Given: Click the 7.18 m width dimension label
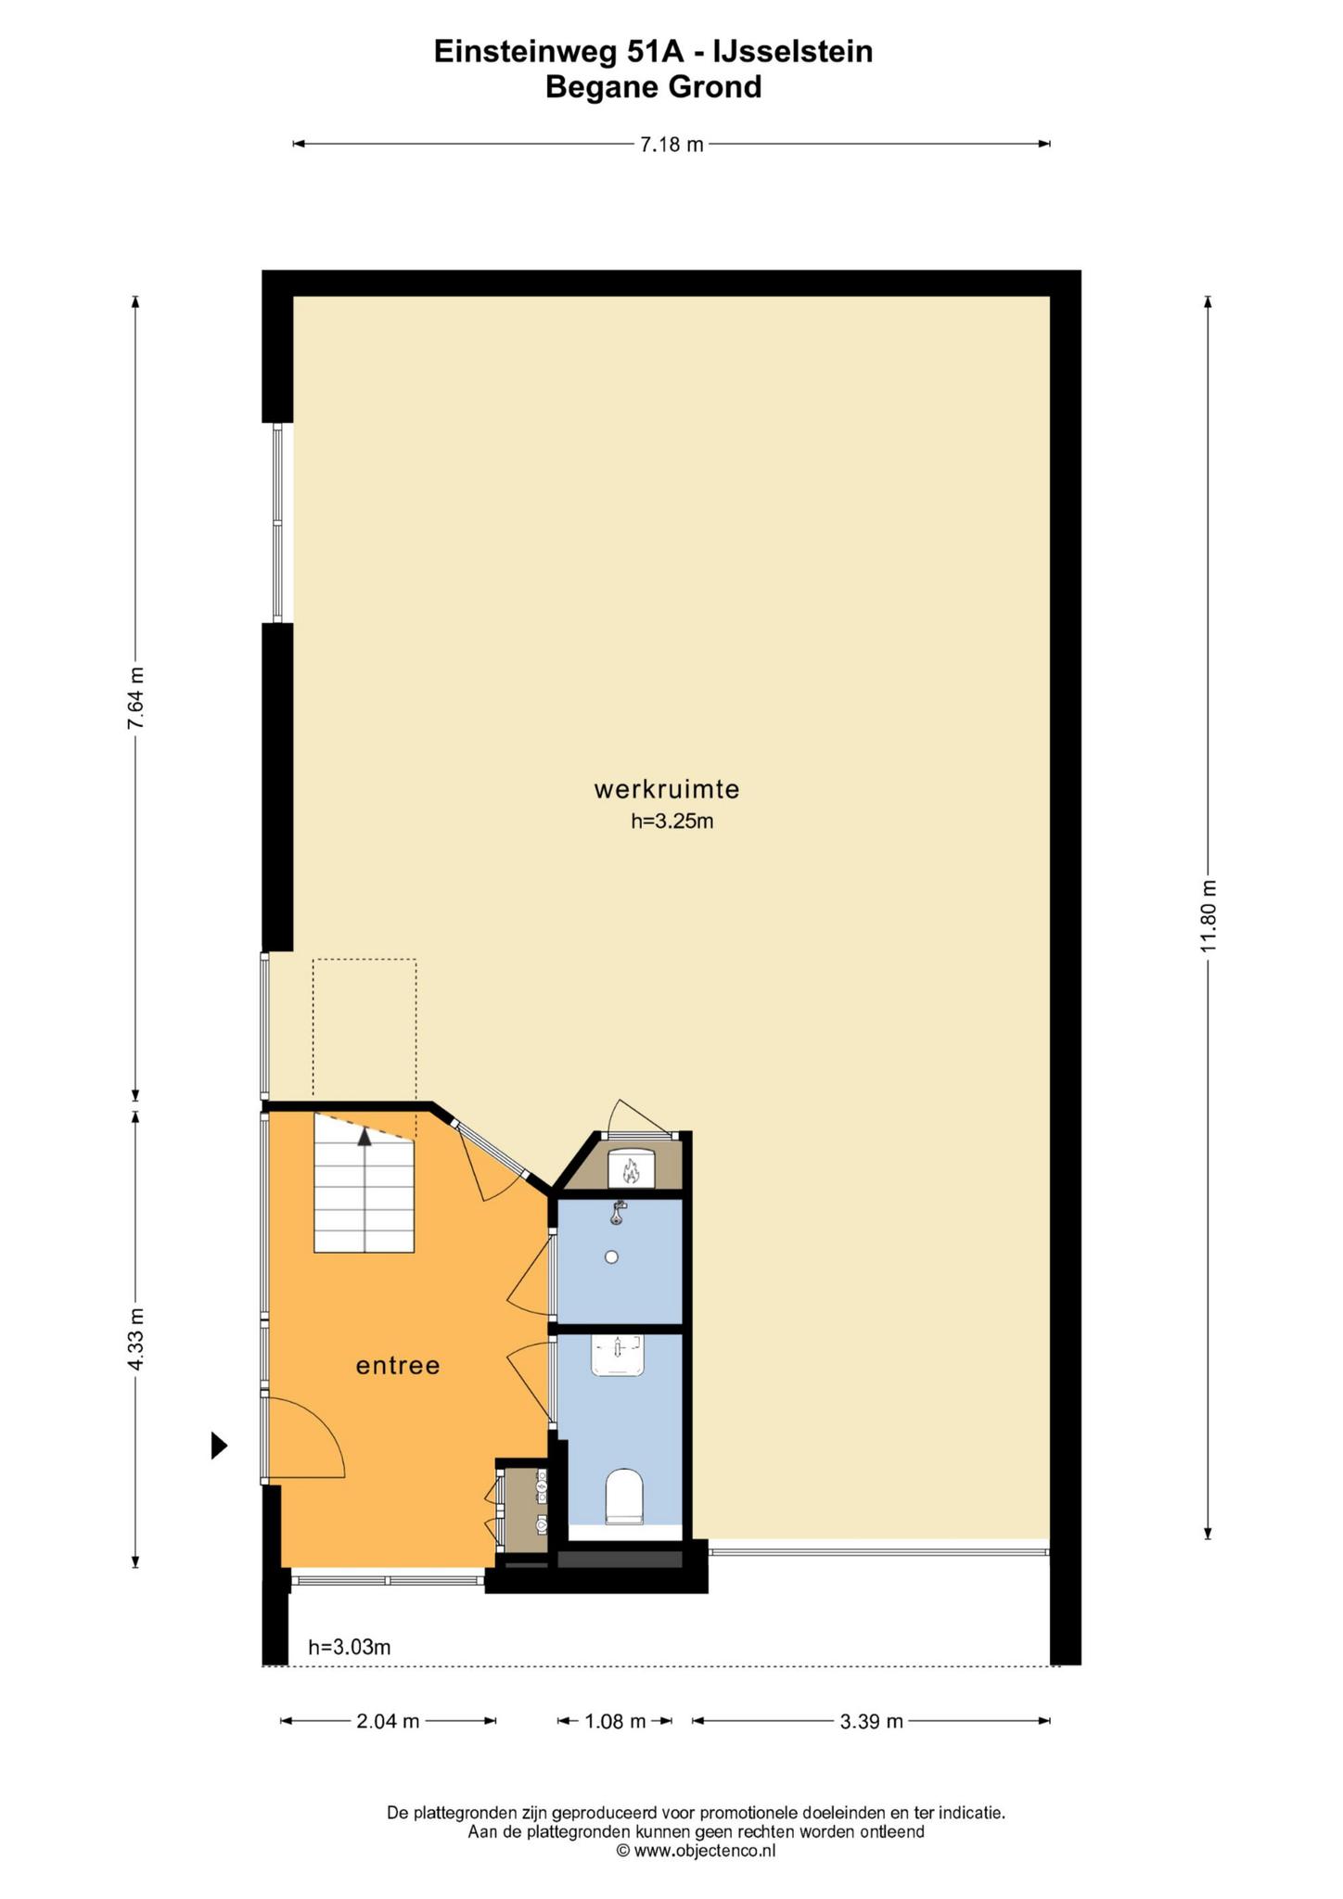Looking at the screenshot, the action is (x=671, y=144).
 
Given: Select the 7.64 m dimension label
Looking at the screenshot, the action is (x=135, y=699).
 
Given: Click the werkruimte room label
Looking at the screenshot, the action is (x=667, y=790).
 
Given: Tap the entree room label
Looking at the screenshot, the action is (x=398, y=1366).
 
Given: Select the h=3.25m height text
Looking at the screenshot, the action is (x=672, y=821).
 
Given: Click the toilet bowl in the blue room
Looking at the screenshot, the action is (x=624, y=1497).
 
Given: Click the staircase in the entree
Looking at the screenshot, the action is (x=364, y=1183).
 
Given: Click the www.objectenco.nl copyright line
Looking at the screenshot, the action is (x=696, y=1851).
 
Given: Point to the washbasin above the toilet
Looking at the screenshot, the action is (x=618, y=1356).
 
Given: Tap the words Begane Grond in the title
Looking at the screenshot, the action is (x=654, y=87).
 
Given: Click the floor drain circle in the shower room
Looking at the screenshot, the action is (x=611, y=1257).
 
